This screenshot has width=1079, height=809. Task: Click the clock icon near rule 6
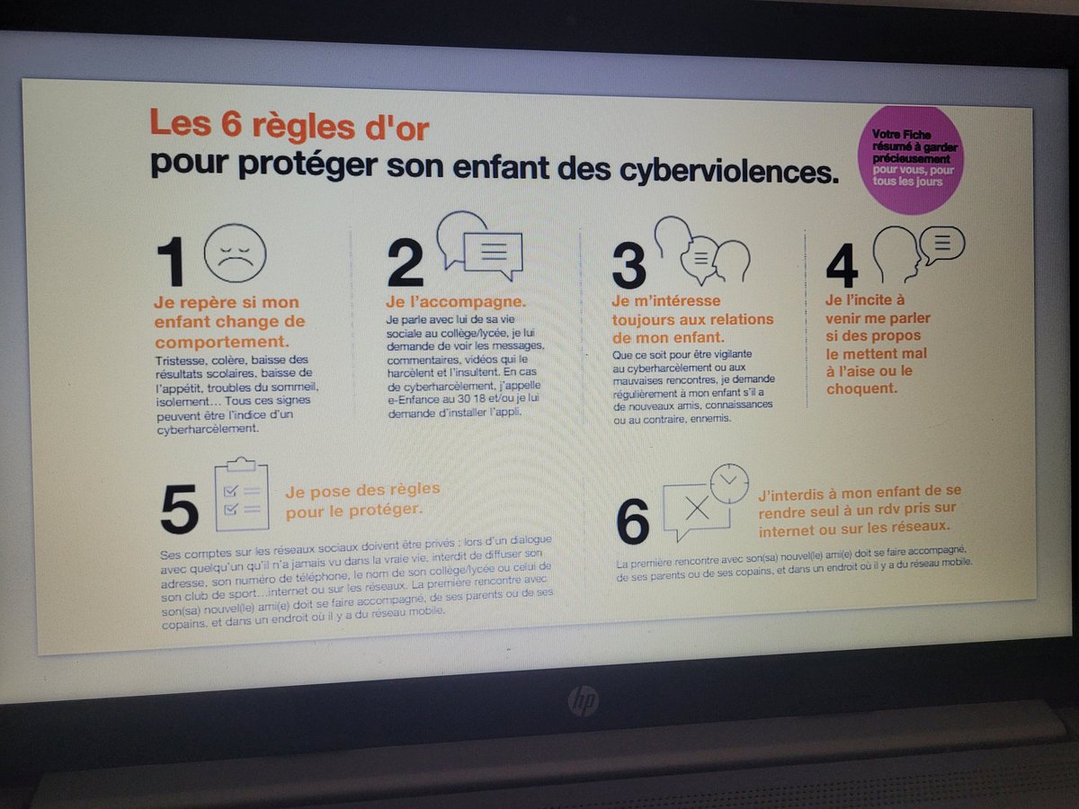coord(729,483)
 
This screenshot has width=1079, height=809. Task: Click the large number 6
coord(633,521)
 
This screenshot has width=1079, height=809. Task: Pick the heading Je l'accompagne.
coord(456,300)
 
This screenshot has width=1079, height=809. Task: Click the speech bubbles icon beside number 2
coord(481,243)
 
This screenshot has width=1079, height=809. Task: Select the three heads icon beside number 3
coord(701,250)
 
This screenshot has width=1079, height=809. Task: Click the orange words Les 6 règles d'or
coord(289,125)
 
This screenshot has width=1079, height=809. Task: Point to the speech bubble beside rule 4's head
coord(941,243)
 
